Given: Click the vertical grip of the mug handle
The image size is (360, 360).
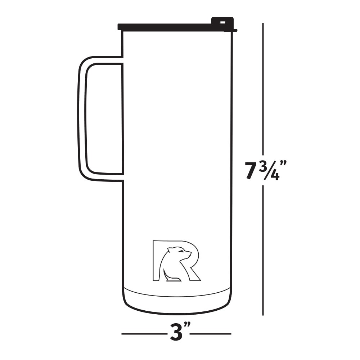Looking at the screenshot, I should tap(82, 119).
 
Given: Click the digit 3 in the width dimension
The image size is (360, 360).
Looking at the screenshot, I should tap(176, 333).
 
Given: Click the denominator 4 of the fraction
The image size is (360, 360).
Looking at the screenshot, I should tap(275, 176).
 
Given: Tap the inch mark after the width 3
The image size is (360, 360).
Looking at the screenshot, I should tap(187, 327).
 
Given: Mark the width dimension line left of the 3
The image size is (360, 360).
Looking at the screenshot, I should tap(144, 334).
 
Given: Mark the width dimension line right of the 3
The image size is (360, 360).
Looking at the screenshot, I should tap(211, 334).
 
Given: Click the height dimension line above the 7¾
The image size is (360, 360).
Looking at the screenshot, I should tap(263, 90).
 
